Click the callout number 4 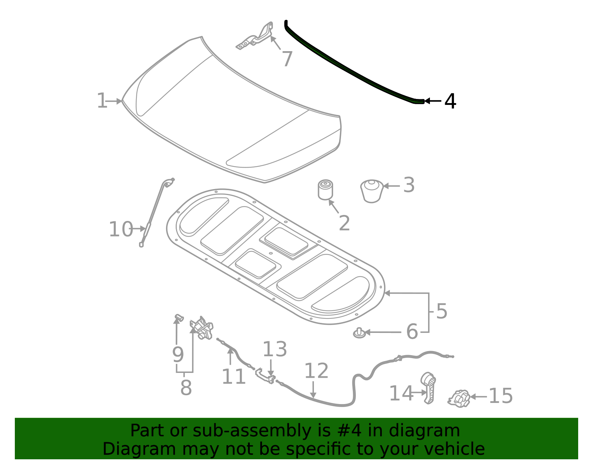(x=450, y=101)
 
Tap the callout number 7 (x=287, y=59)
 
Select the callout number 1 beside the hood (x=102, y=101)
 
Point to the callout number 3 (x=408, y=185)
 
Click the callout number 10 (x=120, y=229)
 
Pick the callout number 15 (x=501, y=396)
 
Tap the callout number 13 (x=275, y=350)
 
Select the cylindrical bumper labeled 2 (x=325, y=190)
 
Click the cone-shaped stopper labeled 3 (x=372, y=191)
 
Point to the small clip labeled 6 (x=359, y=333)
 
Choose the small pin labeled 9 (x=179, y=317)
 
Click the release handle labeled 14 (x=428, y=388)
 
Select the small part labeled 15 (x=459, y=398)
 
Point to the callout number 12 (x=316, y=371)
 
